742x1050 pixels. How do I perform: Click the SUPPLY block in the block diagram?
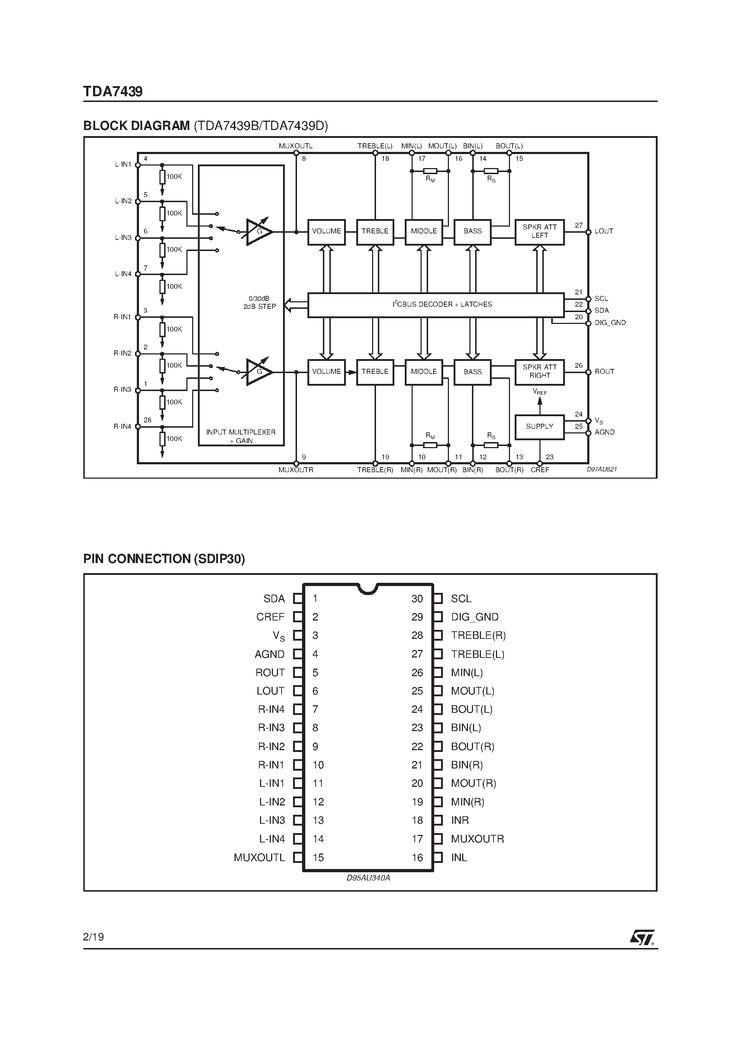tap(539, 427)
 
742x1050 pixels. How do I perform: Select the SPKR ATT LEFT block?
tap(539, 231)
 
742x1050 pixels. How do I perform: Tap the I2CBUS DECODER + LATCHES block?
tap(436, 305)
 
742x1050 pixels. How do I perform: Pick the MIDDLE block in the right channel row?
tap(423, 372)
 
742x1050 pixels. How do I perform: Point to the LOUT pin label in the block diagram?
tap(603, 231)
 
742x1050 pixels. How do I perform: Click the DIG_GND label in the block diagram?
tap(610, 323)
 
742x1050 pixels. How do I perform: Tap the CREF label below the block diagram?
tap(540, 470)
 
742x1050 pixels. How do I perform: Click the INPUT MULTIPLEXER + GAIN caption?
tap(241, 436)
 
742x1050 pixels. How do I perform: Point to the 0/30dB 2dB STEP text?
tap(259, 303)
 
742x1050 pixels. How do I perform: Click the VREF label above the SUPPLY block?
tap(540, 392)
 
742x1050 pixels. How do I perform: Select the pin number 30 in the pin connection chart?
tap(417, 599)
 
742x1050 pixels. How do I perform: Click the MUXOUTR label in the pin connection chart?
tap(477, 839)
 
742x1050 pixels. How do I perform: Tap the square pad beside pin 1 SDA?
tap(298, 599)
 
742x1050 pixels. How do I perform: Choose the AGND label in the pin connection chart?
tap(269, 654)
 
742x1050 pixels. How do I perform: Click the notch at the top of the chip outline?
tap(368, 589)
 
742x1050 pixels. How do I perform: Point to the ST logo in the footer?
tap(642, 937)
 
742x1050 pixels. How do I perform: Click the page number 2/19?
tap(94, 937)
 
